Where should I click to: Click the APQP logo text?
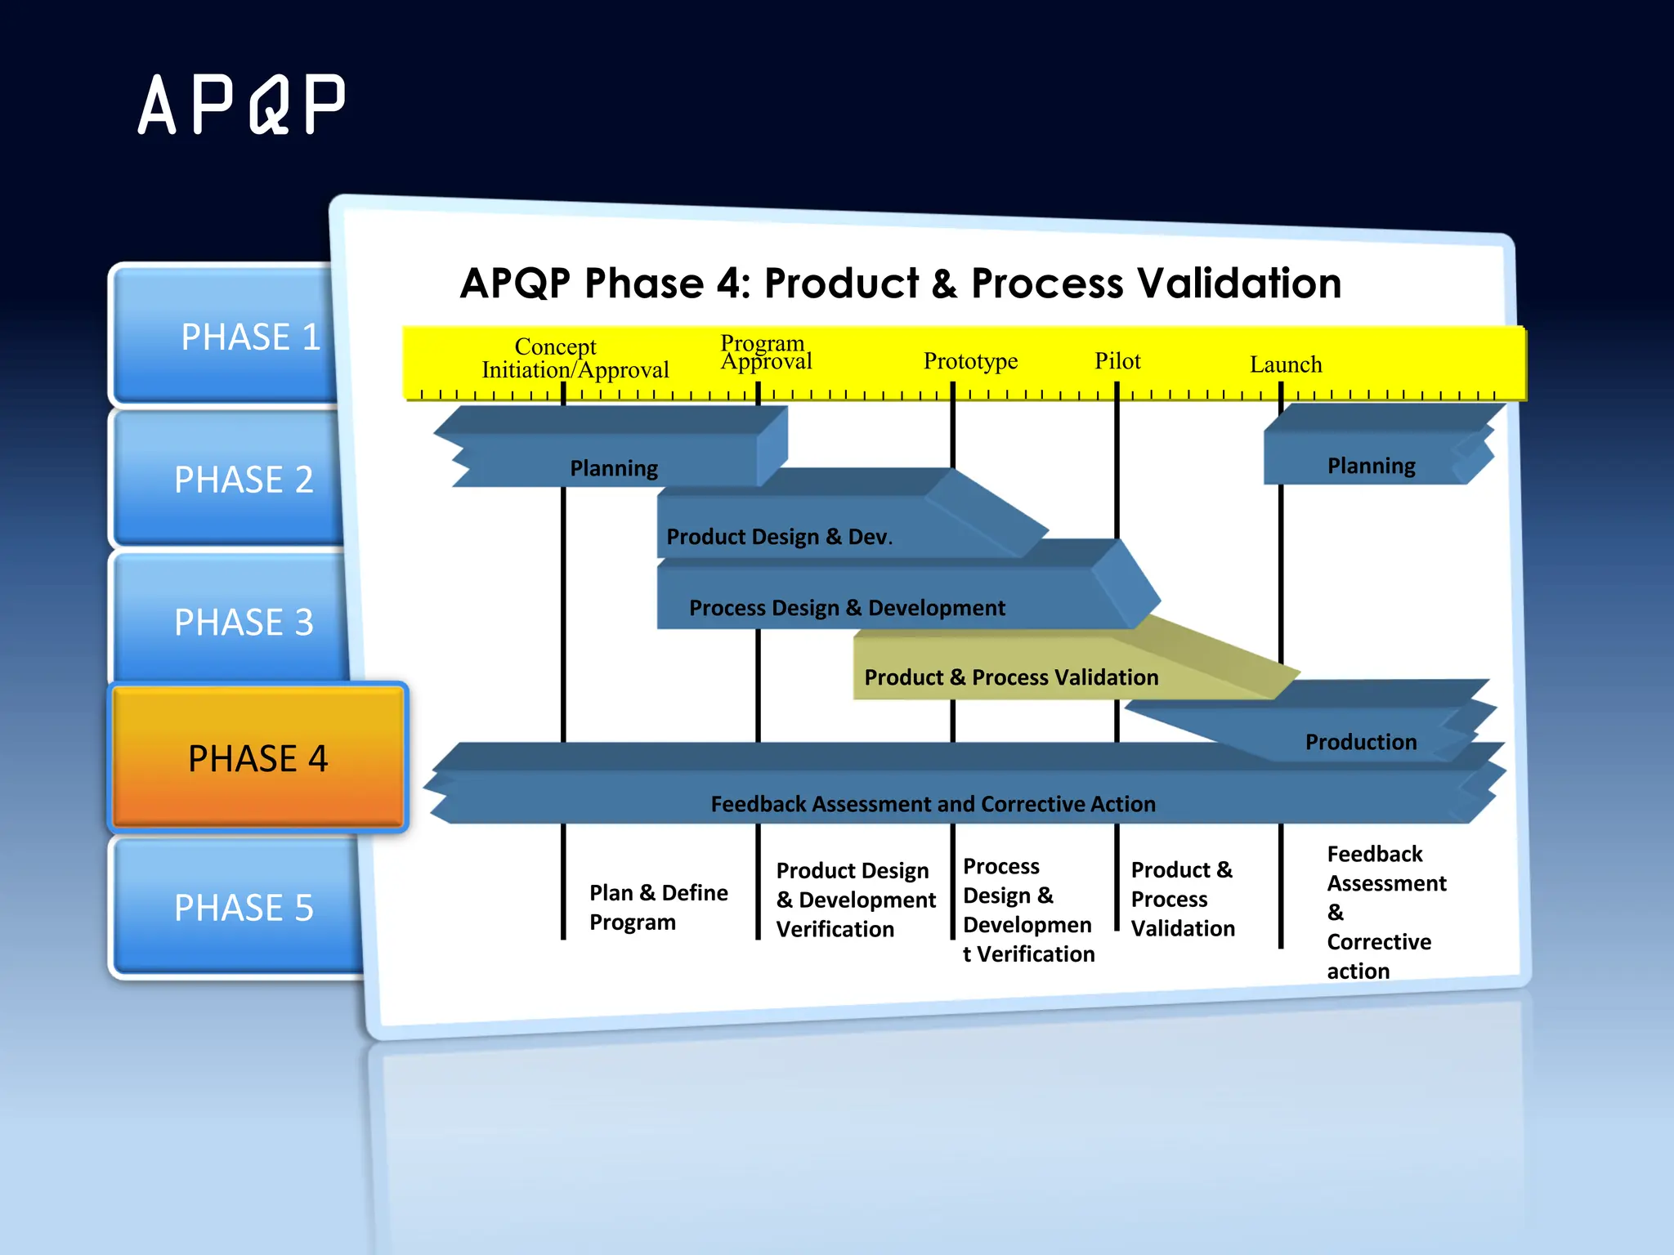(242, 105)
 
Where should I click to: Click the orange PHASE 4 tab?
(257, 758)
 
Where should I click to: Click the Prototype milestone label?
(970, 361)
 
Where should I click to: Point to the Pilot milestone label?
(1117, 361)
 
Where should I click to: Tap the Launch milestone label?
(1285, 364)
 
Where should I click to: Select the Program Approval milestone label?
(765, 352)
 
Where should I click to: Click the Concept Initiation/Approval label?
(575, 358)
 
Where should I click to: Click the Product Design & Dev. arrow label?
(779, 537)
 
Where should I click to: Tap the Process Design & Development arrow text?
(847, 608)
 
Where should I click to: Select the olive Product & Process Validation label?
(1011, 677)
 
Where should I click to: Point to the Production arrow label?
(1360, 742)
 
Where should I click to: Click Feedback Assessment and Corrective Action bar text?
(933, 804)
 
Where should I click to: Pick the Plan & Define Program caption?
(658, 907)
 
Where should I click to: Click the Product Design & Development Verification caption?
(855, 900)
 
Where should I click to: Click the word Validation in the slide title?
(1238, 284)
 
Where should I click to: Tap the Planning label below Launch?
(1371, 466)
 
